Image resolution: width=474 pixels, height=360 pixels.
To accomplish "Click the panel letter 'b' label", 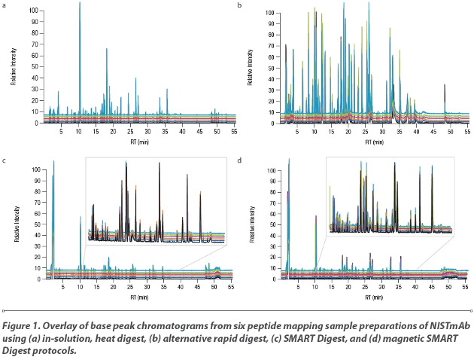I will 240,5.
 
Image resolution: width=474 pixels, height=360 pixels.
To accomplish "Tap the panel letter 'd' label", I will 240,160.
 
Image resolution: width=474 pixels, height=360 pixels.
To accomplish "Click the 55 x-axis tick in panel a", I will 234,131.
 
